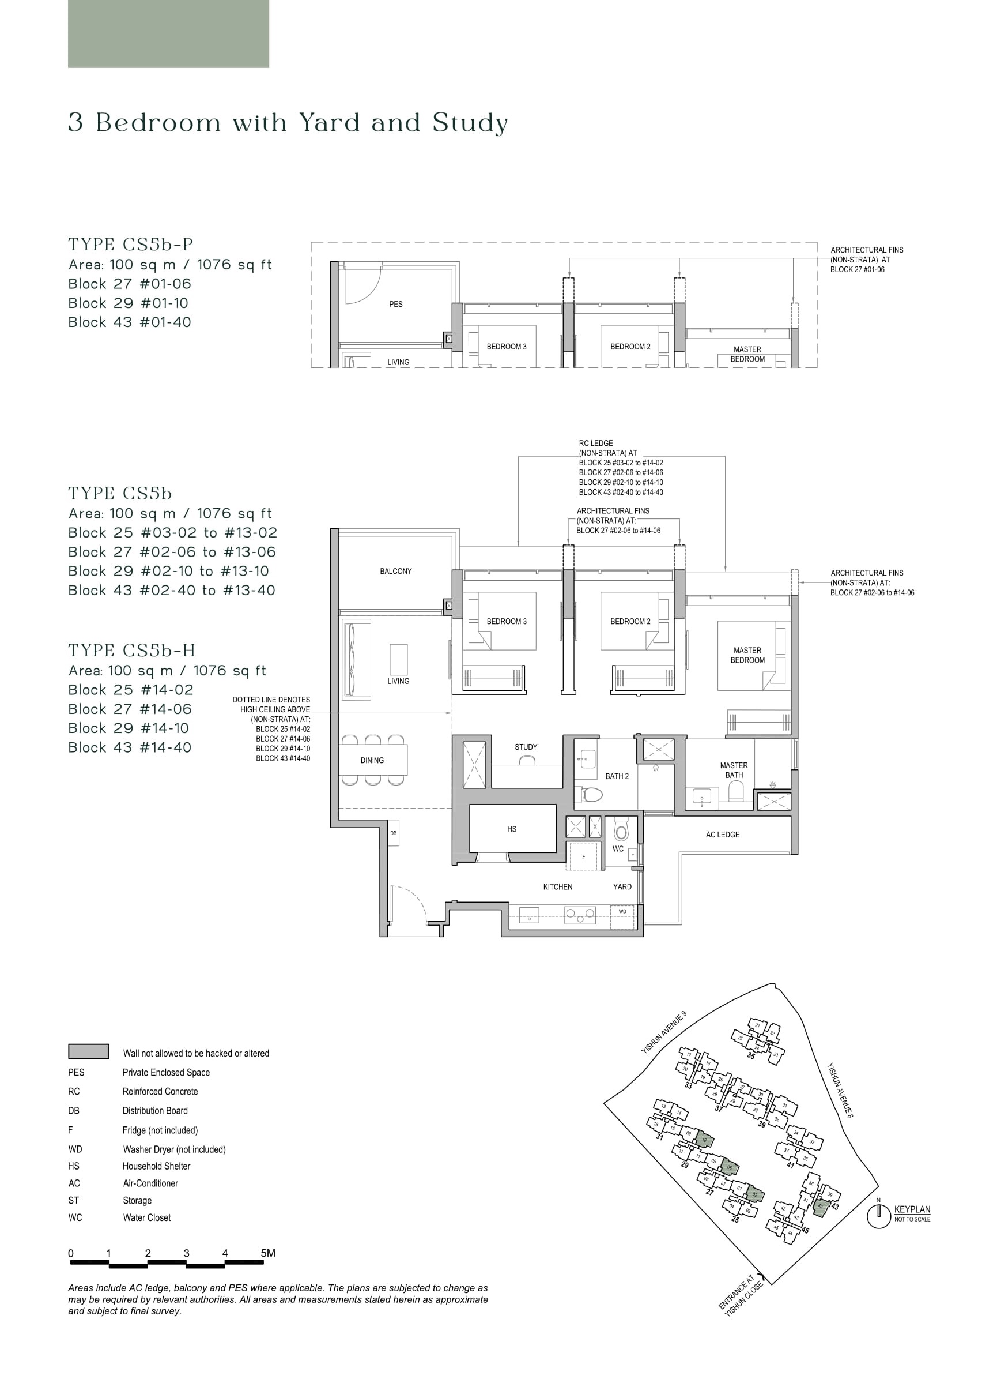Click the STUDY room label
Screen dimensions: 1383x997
click(526, 747)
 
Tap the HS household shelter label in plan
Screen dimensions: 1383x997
click(511, 829)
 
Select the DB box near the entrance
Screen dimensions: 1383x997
click(393, 833)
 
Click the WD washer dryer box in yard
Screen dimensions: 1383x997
click(622, 912)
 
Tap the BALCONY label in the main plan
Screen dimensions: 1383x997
click(395, 572)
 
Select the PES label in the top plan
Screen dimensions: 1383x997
click(395, 305)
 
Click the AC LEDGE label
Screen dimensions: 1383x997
click(722, 835)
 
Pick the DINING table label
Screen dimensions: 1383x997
click(372, 760)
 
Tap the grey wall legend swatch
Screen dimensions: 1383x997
click(88, 1052)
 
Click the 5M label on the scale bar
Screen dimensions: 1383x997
click(267, 1254)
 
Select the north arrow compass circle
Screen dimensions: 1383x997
click(878, 1216)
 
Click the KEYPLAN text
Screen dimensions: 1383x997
click(912, 1210)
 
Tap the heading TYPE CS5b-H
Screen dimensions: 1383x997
click(131, 651)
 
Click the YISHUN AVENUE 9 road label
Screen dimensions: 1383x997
click(664, 1032)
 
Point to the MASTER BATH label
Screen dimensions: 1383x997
click(734, 770)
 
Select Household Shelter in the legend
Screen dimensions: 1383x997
click(156, 1167)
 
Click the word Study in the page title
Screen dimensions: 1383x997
click(470, 123)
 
